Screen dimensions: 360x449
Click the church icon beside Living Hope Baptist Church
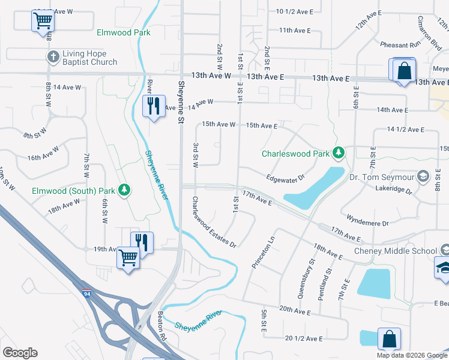click(52, 56)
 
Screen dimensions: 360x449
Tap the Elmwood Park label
click(122, 32)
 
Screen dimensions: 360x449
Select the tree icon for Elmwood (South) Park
click(124, 190)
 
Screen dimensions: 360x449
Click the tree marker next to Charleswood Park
click(338, 153)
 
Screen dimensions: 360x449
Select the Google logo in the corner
click(20, 352)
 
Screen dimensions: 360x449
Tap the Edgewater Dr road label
click(286, 178)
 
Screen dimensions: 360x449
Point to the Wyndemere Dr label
click(367, 219)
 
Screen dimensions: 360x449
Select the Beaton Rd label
click(161, 325)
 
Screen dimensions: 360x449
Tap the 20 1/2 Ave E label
click(304, 338)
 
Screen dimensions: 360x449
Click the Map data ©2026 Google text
click(411, 355)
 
